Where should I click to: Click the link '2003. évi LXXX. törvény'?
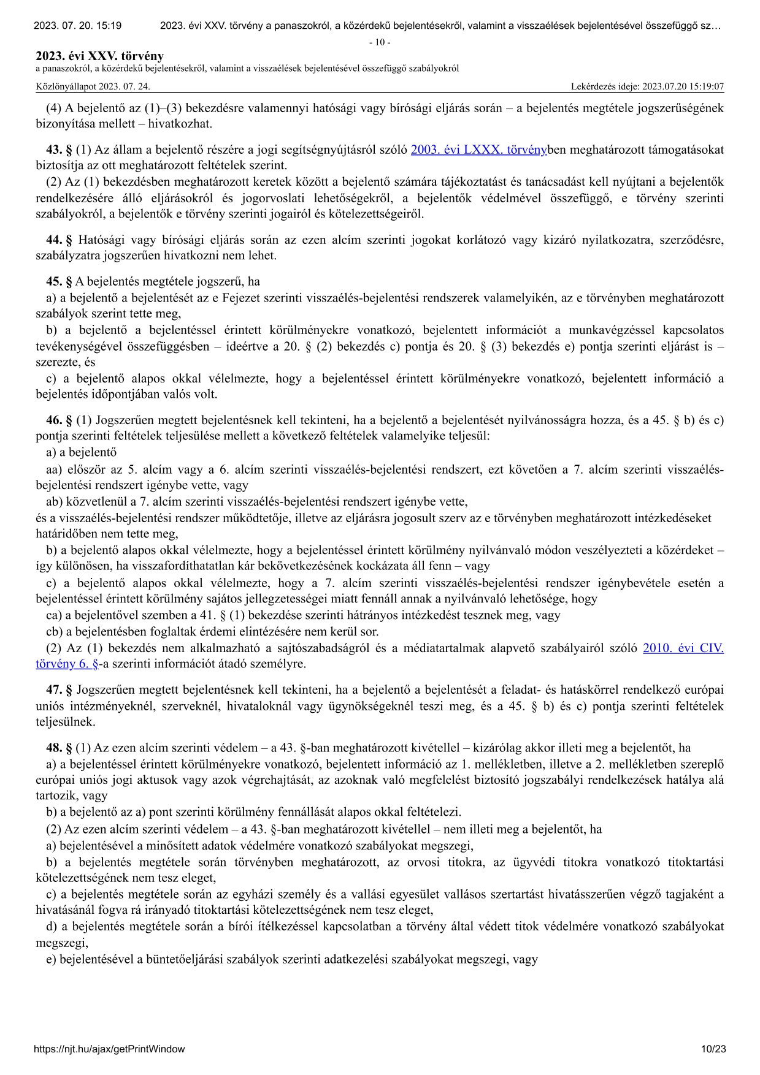(x=478, y=149)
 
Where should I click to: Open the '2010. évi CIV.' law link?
(x=683, y=648)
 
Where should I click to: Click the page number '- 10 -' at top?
(x=380, y=42)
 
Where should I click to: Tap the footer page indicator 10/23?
(x=713, y=1049)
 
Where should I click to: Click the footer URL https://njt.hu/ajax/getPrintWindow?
(x=109, y=1049)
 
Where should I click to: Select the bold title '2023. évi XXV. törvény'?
(x=99, y=56)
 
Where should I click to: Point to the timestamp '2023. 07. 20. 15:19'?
(x=77, y=26)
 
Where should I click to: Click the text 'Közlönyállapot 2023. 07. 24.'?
(x=93, y=86)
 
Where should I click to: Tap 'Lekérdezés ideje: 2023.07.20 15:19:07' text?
(x=647, y=86)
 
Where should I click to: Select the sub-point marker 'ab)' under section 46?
(x=55, y=502)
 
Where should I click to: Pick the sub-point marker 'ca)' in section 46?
(x=54, y=615)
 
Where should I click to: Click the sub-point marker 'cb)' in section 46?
(x=54, y=631)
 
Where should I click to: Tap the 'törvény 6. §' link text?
(x=67, y=664)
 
